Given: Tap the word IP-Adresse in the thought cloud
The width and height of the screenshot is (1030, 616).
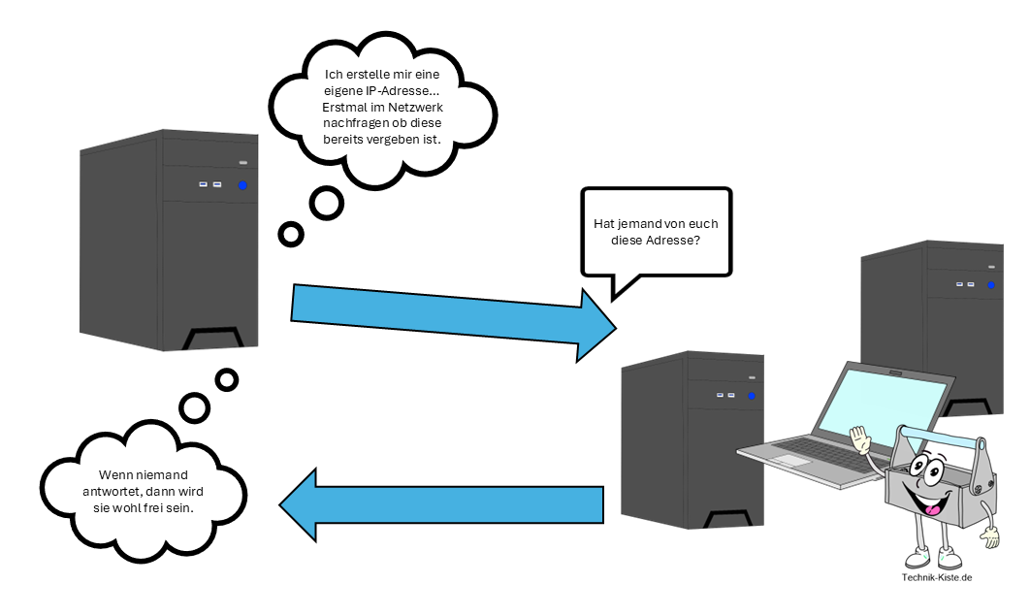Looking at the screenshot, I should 395,90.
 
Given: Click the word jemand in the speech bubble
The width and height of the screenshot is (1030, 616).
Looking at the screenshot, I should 648,224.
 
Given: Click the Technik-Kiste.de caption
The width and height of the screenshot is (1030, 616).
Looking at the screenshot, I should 936,578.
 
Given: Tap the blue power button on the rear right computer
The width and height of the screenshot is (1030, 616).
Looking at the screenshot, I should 991,285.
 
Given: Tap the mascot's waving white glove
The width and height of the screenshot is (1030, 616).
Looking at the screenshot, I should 858,438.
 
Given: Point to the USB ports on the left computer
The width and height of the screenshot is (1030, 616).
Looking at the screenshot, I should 209,184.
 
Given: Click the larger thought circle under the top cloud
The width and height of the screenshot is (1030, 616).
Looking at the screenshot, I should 327,203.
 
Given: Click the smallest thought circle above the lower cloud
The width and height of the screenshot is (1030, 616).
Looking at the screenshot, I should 227,379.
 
